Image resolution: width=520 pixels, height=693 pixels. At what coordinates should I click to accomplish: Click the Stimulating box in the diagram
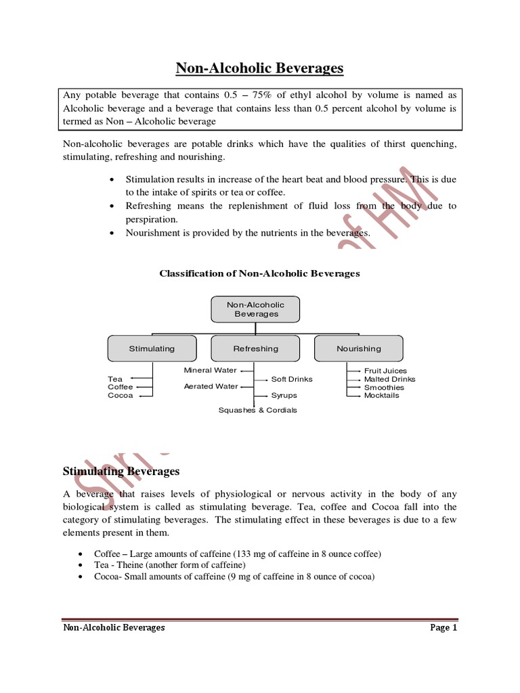point(152,349)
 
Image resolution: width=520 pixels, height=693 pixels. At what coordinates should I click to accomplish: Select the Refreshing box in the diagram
point(255,349)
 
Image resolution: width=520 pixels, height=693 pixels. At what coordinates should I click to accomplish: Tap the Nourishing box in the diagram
point(359,349)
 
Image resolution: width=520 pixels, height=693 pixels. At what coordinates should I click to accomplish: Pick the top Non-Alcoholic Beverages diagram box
point(257,309)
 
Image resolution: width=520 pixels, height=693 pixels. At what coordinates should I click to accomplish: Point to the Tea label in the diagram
point(115,379)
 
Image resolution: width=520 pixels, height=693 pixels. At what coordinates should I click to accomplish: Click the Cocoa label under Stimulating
point(121,395)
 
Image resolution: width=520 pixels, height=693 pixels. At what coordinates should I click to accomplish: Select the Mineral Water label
point(210,370)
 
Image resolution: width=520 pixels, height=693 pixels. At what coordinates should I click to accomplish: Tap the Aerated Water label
point(211,386)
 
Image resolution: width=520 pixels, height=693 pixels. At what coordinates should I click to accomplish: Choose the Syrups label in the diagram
point(284,395)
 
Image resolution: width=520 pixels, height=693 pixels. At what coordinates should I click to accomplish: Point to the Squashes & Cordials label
point(257,410)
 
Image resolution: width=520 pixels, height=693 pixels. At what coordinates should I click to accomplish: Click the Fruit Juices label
point(385,371)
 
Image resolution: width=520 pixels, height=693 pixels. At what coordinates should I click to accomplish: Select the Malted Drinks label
point(389,379)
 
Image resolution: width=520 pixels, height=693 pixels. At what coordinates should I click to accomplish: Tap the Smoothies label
point(384,387)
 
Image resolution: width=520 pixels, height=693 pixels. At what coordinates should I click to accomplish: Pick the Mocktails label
point(382,395)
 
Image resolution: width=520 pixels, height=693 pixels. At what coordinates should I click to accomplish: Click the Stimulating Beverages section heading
point(121,470)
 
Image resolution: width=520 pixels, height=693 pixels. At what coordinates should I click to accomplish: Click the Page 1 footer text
point(443,627)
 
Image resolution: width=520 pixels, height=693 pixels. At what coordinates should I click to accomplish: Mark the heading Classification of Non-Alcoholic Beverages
point(259,273)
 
